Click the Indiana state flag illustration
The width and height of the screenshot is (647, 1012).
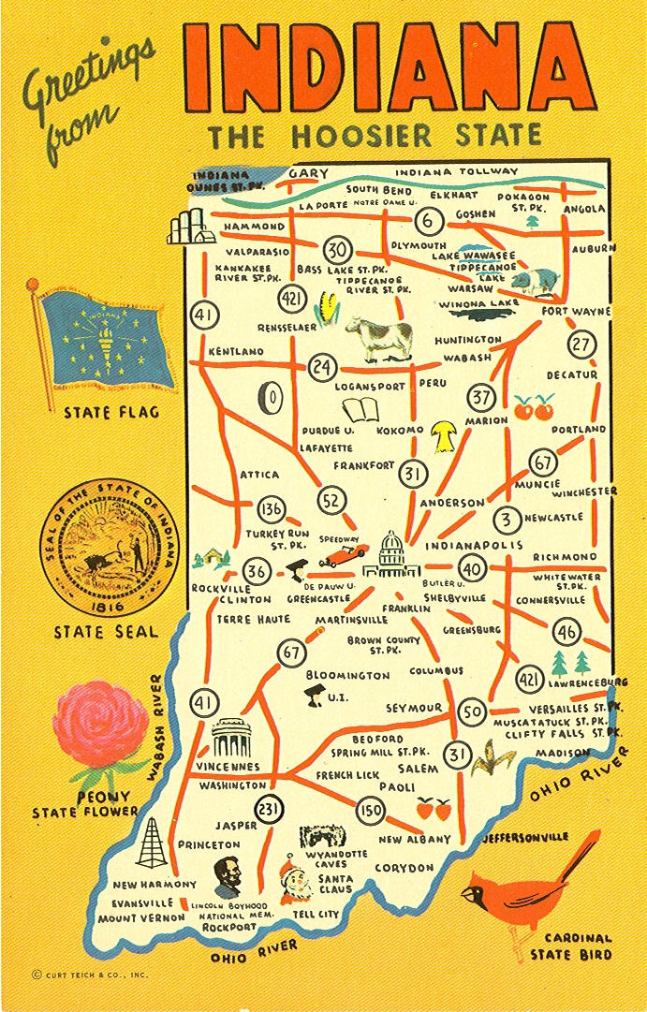click(x=106, y=338)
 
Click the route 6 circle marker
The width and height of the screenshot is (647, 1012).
click(x=429, y=222)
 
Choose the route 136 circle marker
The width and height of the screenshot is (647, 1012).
click(x=271, y=509)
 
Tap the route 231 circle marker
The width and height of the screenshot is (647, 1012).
click(x=270, y=811)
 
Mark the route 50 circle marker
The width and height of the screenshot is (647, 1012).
click(x=474, y=712)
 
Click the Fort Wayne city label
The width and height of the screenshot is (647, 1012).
click(x=575, y=311)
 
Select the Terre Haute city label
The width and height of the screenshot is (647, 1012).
click(x=253, y=619)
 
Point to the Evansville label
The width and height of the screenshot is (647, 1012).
click(x=143, y=903)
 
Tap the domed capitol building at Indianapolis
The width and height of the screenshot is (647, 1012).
click(x=390, y=554)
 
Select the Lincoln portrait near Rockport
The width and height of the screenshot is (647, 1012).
click(x=227, y=877)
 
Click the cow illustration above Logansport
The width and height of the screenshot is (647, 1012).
click(x=379, y=334)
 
